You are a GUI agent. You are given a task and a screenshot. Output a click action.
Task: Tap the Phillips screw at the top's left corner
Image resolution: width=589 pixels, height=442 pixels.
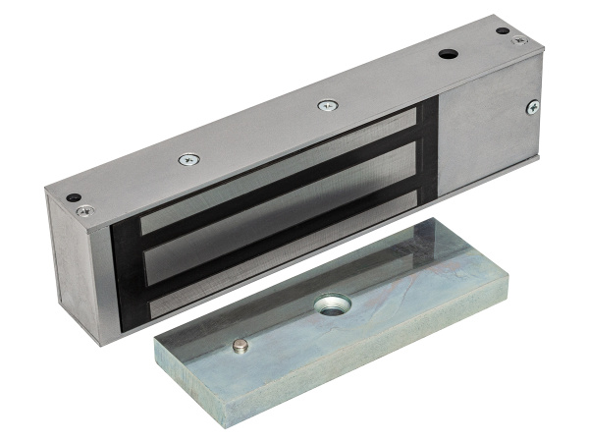(85, 210)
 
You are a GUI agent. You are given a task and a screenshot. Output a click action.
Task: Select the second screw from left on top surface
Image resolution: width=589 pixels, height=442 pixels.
(187, 158)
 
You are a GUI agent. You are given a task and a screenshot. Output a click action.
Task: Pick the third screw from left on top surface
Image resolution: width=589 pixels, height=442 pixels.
(326, 105)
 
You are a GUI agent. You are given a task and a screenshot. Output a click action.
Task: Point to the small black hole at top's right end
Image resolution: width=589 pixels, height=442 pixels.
(503, 30)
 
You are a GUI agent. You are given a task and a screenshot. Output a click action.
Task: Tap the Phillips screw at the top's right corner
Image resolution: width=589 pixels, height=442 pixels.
(519, 39)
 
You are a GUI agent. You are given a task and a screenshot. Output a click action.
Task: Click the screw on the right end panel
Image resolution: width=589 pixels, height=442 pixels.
(532, 107)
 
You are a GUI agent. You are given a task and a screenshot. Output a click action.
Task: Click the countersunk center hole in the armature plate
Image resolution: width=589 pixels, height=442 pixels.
(330, 305)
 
